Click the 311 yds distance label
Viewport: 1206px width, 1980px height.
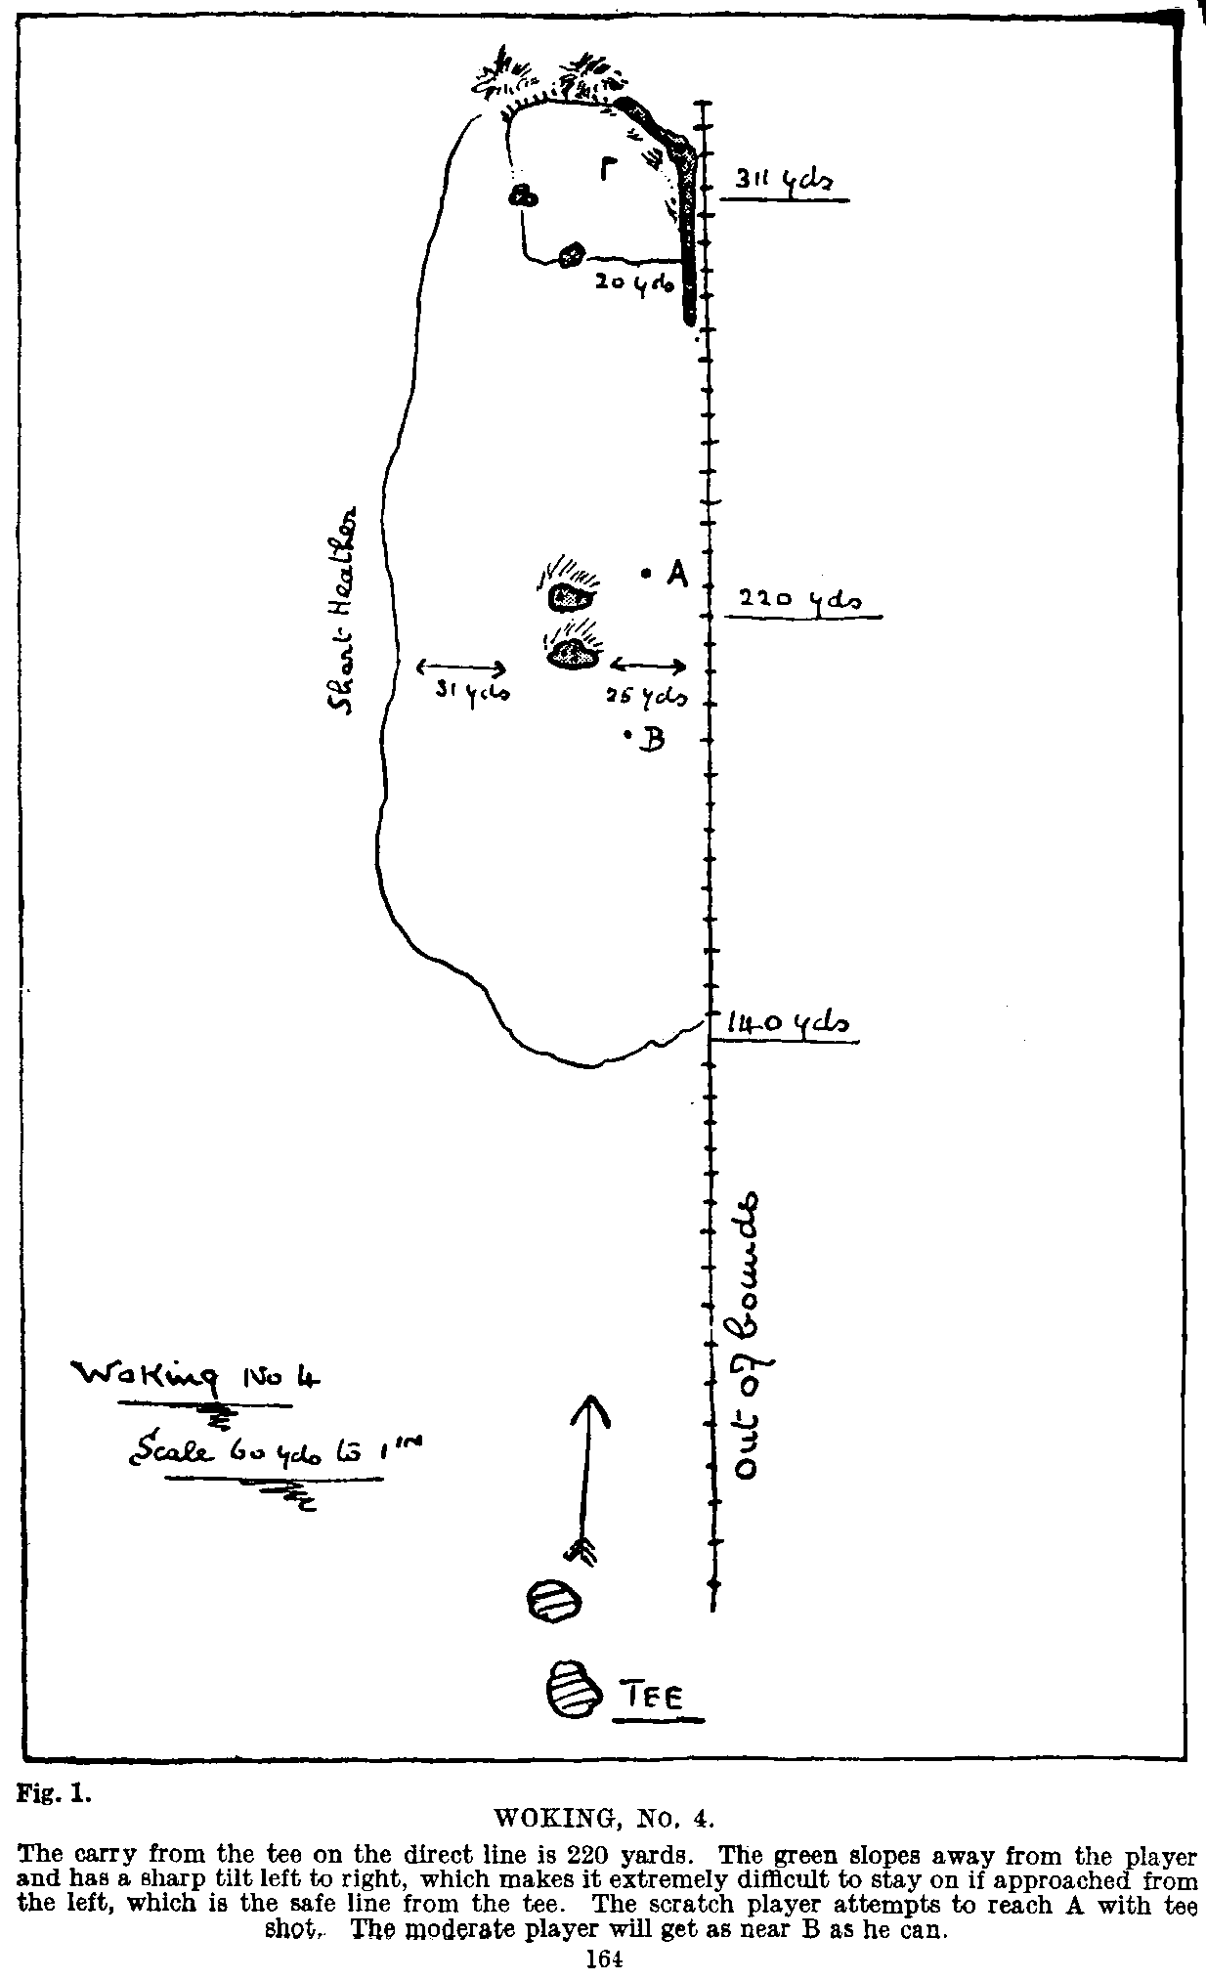783,182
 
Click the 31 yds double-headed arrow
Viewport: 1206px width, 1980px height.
461,668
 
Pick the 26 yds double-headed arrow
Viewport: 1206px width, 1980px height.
648,666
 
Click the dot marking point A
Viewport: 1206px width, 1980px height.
646,575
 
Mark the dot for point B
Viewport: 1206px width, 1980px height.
626,736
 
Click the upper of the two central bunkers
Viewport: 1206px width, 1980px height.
570,593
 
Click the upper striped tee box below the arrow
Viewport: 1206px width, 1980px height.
554,1603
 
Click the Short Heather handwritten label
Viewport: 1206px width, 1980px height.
342,612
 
